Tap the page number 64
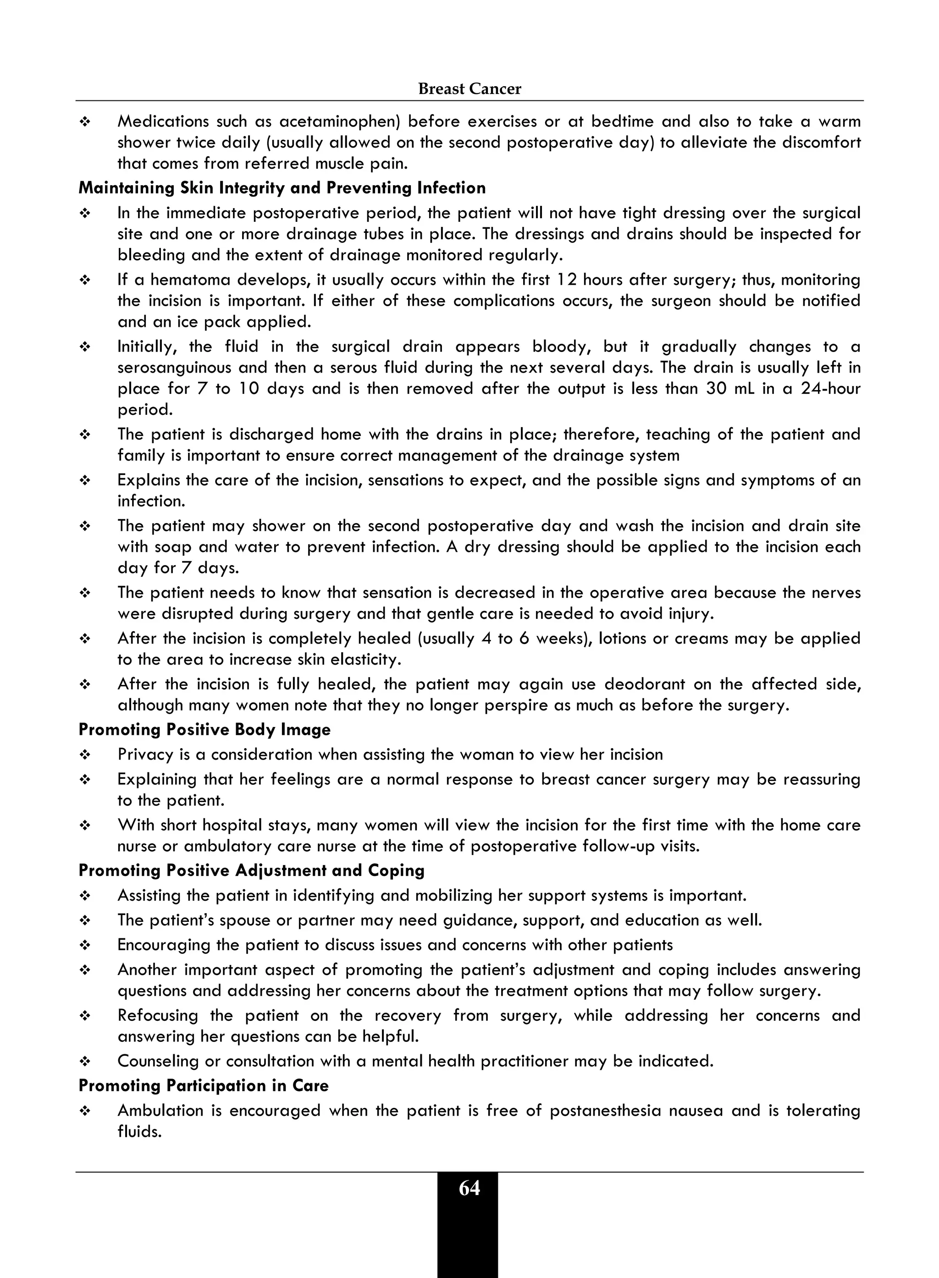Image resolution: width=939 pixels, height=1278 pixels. click(469, 1188)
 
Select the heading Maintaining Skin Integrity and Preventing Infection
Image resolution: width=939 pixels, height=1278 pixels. click(282, 188)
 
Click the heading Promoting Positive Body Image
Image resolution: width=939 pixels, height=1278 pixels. click(204, 730)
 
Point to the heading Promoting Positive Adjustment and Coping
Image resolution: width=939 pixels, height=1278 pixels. click(251, 870)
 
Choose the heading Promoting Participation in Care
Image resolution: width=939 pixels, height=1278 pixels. click(204, 1085)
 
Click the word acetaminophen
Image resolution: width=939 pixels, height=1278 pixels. click(338, 121)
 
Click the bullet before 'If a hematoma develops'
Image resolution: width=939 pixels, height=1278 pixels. click(85, 281)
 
